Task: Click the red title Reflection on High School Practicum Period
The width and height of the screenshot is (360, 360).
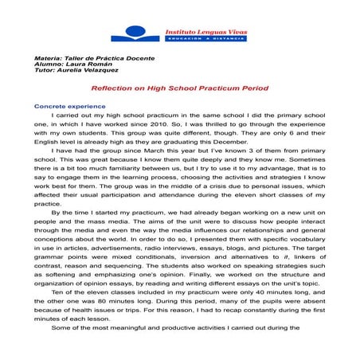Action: click(179, 88)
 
